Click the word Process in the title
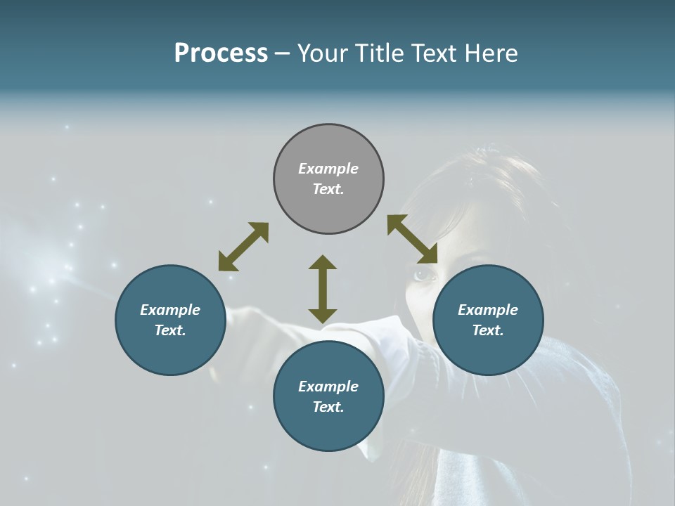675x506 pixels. [221, 53]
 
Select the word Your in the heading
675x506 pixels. [321, 53]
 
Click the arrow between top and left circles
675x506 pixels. [243, 247]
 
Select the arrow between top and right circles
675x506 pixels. [412, 239]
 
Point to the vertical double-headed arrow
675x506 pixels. [323, 289]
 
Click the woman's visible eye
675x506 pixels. [421, 274]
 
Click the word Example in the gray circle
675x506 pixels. [328, 169]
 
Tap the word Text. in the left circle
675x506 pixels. [170, 330]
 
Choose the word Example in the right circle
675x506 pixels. [488, 310]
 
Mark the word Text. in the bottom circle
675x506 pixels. [328, 407]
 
